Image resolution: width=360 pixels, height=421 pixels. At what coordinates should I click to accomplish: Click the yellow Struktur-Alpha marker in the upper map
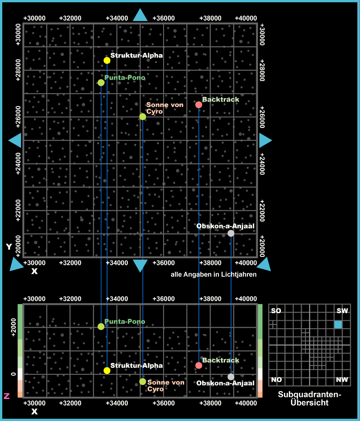[107, 60]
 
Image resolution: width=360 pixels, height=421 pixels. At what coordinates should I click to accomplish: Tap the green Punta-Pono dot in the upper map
[101, 82]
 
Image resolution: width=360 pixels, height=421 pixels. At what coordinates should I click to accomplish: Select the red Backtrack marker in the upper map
[199, 105]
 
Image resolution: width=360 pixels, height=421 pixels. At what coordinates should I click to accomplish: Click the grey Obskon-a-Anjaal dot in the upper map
[231, 233]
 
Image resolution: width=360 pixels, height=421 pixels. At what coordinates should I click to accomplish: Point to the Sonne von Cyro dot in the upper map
[142, 117]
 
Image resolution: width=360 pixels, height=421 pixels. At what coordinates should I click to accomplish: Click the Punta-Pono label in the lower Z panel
[124, 322]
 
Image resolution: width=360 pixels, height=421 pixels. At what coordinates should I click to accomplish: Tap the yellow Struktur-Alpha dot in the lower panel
[107, 370]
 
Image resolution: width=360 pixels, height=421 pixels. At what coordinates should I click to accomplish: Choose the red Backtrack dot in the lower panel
[199, 366]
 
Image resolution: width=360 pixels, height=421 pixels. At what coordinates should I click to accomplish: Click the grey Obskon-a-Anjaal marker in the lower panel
[231, 377]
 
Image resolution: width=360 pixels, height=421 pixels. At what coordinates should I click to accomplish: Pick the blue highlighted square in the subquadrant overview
[338, 325]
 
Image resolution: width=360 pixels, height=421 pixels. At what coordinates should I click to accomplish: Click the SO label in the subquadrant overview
[276, 311]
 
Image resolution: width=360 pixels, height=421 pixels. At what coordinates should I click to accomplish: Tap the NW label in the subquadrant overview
[342, 380]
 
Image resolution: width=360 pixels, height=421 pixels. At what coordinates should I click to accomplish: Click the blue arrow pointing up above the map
[140, 15]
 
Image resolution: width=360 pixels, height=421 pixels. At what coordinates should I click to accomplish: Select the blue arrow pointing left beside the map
[15, 140]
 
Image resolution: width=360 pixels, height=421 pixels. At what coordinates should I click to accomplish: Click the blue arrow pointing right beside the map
[265, 140]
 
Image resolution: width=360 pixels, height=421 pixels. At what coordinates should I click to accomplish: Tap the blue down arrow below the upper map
[140, 265]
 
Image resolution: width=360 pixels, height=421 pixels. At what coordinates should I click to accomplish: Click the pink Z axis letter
[7, 396]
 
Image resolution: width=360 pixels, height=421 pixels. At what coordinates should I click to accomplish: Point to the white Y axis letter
[9, 247]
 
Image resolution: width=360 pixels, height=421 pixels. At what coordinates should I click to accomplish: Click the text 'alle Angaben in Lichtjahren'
[213, 274]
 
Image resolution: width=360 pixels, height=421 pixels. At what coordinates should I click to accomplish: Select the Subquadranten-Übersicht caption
[309, 399]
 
